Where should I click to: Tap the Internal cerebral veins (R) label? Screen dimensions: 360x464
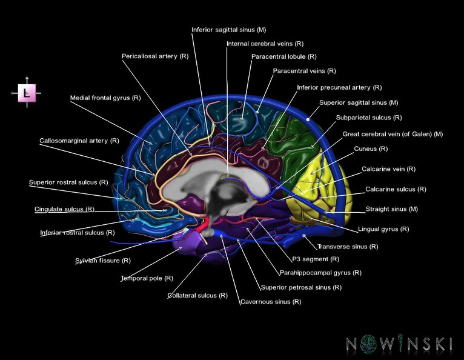tap(265, 44)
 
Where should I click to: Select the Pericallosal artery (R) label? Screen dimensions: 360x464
tap(154, 56)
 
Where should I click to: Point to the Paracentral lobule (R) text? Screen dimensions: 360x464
tap(283, 56)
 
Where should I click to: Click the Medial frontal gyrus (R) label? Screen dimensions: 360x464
tap(105, 97)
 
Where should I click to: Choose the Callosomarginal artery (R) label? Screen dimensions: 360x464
tap(79, 141)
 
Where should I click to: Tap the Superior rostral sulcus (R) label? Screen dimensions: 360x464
tap(68, 182)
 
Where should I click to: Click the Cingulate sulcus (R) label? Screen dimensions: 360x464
tap(64, 209)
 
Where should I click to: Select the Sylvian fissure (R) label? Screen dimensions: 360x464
tap(102, 261)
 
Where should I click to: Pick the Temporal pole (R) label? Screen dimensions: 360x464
tap(147, 278)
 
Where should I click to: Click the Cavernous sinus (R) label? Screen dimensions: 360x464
tap(270, 301)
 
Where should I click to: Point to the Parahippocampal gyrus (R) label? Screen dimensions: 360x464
tap(320, 273)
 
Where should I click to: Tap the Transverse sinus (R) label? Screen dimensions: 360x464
tap(348, 247)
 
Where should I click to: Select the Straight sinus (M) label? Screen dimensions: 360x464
tap(391, 209)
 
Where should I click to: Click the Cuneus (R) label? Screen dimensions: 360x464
tap(371, 148)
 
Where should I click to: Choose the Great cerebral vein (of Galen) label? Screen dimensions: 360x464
tap(393, 134)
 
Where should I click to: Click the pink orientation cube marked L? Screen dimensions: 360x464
tap(27, 93)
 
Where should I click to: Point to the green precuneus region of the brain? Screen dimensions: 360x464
tap(297, 136)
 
